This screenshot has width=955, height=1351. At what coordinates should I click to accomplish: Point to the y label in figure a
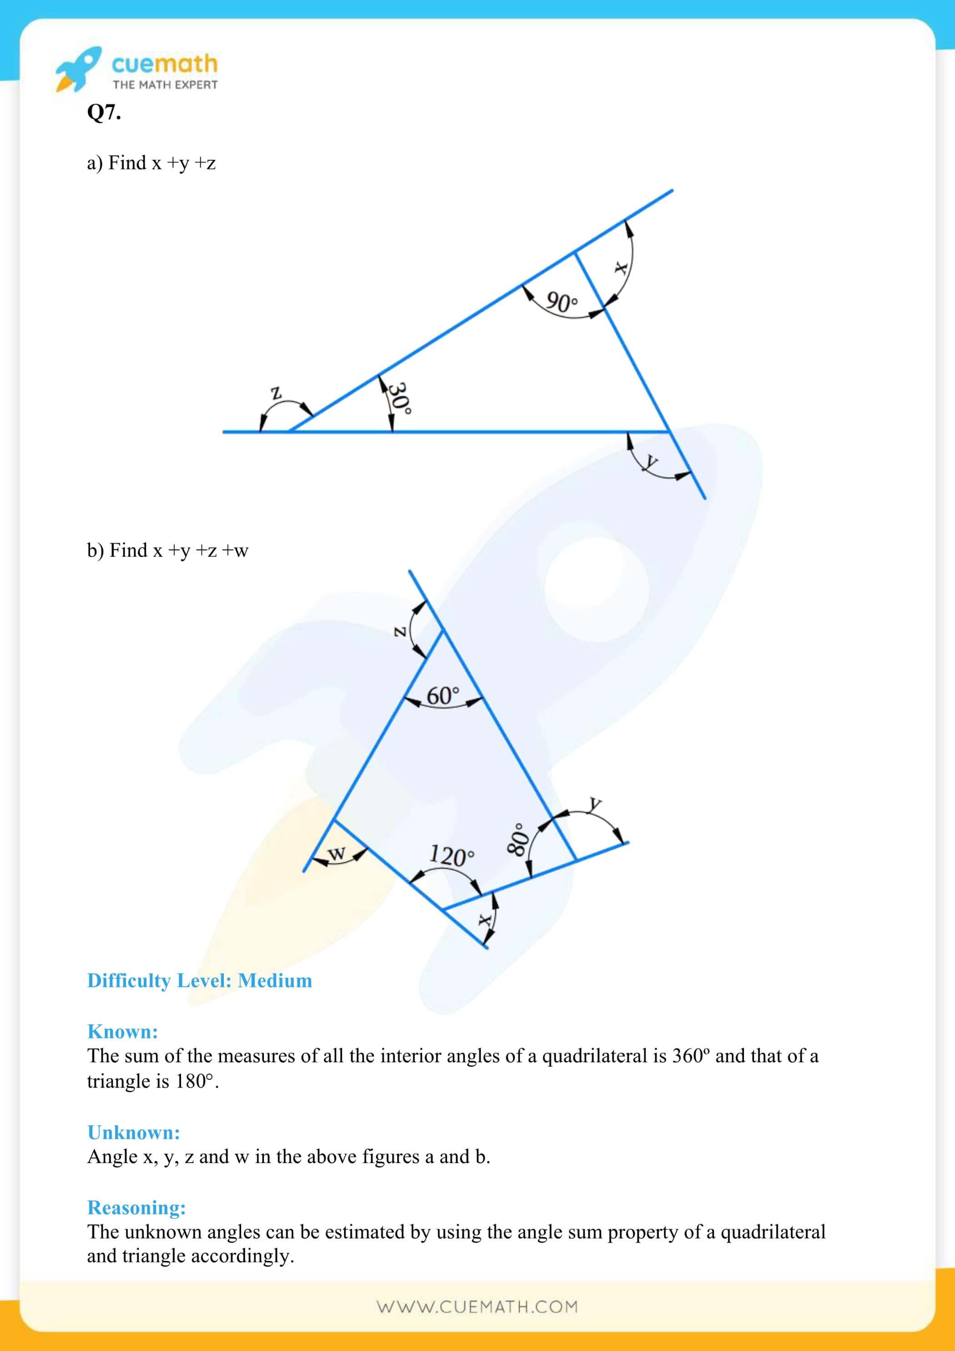point(650,462)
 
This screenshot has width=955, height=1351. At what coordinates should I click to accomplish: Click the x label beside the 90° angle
point(620,268)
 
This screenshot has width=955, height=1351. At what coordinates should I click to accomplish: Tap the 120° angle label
point(451,855)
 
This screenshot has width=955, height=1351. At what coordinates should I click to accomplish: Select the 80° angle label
point(516,839)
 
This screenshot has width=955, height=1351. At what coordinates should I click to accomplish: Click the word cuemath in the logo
point(165,64)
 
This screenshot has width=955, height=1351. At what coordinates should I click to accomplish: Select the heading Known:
point(122,1032)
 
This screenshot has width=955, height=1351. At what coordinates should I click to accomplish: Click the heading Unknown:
point(134,1132)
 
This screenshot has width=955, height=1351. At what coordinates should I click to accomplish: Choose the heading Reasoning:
point(136,1207)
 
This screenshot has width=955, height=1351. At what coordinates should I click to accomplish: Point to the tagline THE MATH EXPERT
point(165,85)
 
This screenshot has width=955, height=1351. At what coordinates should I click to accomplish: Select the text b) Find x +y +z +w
point(168,550)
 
